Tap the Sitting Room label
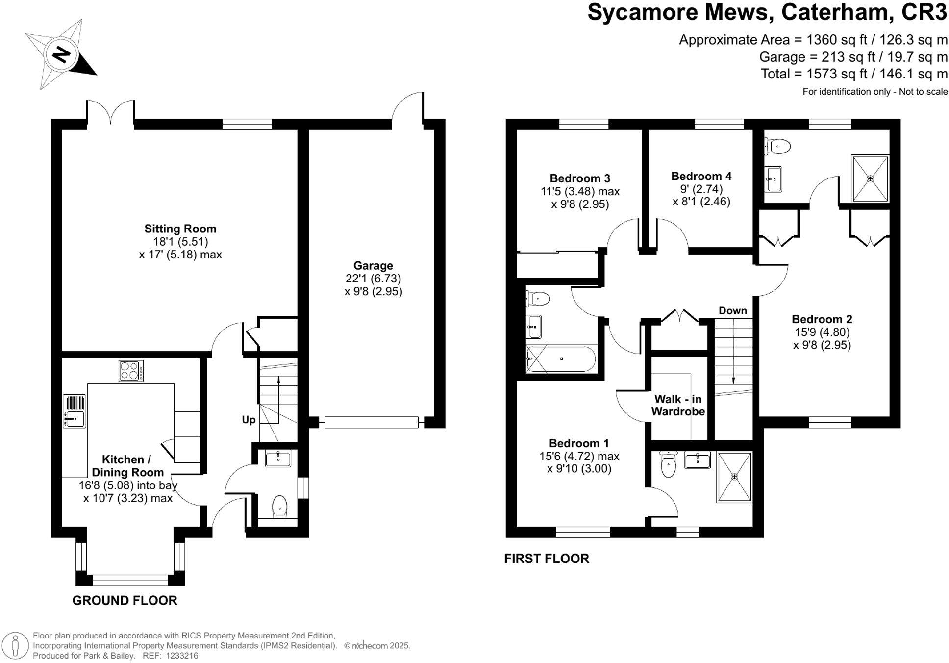[180, 229]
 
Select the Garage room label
[373, 265]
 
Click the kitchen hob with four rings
[131, 371]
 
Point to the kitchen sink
[75, 418]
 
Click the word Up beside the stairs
[249, 420]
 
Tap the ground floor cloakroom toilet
[279, 506]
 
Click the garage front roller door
[372, 422]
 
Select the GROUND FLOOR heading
[125, 600]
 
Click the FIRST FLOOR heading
[547, 558]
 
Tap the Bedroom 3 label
[579, 178]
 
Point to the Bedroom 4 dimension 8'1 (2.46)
[701, 202]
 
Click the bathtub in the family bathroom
[561, 359]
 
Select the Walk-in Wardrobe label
[677, 406]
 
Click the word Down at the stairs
[732, 310]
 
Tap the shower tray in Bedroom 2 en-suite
[870, 178]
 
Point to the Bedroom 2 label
[822, 319]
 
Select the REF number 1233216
[182, 656]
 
